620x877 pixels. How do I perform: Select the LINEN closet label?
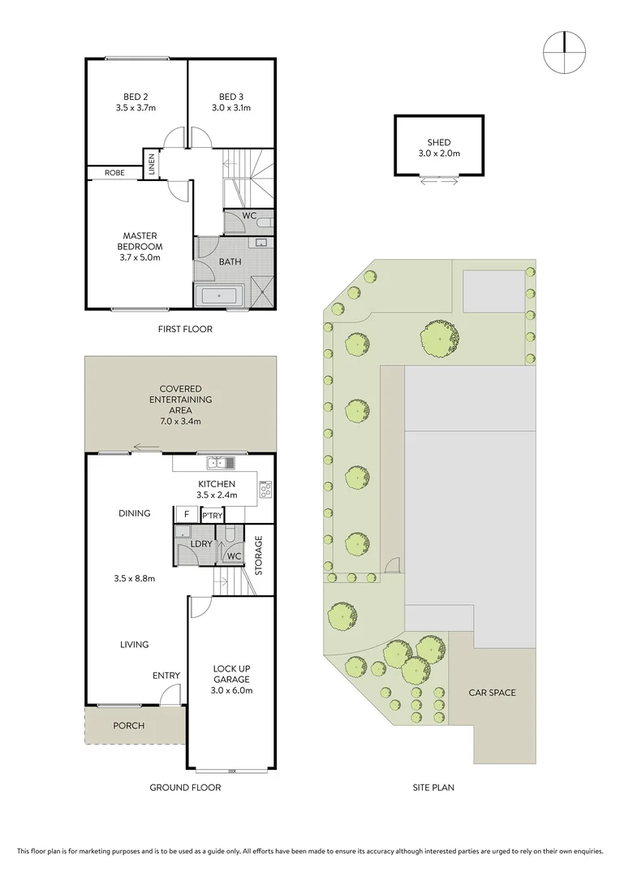tap(151, 165)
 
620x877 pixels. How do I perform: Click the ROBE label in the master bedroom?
tap(114, 172)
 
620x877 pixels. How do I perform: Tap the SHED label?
tap(438, 142)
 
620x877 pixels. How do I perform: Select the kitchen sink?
tap(220, 463)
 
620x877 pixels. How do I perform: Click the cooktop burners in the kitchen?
tap(265, 489)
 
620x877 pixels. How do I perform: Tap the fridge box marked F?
tap(186, 515)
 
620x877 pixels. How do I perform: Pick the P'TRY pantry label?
tap(212, 516)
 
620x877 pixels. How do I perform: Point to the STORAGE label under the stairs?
tap(259, 555)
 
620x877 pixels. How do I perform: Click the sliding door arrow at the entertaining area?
tap(147, 446)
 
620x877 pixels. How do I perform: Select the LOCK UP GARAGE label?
tap(232, 673)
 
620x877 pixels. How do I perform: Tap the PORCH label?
tap(128, 725)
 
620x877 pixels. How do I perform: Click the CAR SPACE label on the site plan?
tap(492, 693)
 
